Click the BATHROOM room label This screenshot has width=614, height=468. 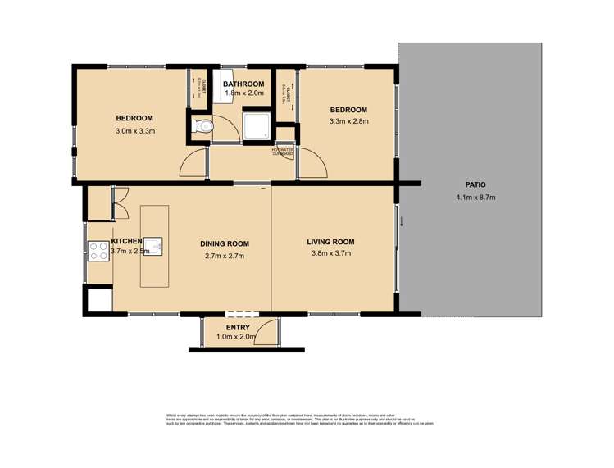point(244,84)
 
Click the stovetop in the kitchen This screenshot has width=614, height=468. point(98,250)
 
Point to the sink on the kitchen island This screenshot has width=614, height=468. point(156,243)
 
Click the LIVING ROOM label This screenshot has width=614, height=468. point(330,242)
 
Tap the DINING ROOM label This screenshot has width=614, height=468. point(225,243)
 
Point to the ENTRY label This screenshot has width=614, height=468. point(238,328)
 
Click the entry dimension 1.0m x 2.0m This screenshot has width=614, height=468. point(238,337)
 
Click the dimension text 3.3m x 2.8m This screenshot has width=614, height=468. point(348,121)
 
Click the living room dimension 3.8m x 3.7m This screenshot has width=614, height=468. point(330,254)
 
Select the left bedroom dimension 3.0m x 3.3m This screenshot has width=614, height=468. point(134,130)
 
